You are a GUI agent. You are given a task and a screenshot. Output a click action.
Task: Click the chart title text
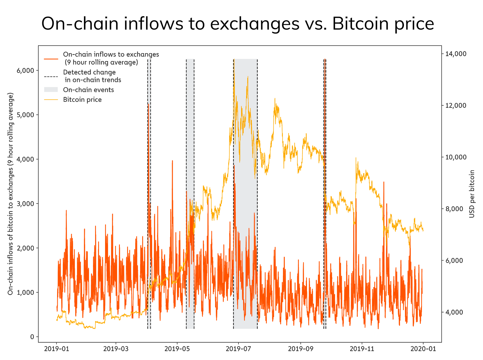tap(238, 24)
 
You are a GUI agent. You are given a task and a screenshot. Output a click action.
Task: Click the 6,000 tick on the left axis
tap(26, 70)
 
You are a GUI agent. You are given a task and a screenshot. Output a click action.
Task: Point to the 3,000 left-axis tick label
tap(26, 204)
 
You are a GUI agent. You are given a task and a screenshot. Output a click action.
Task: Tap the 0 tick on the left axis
tap(32, 337)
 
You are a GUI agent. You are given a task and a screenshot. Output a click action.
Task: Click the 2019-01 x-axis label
tap(57, 349)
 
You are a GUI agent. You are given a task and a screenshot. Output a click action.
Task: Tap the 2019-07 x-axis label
tap(238, 349)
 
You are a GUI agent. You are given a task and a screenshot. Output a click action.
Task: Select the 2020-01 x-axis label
tap(423, 349)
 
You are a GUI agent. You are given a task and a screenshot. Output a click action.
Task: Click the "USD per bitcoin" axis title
tap(472, 194)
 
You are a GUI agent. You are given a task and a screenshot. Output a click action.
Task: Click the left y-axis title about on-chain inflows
tap(11, 194)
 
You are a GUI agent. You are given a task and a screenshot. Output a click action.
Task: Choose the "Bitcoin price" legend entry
tap(82, 100)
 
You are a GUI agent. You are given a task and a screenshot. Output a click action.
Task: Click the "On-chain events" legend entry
tap(88, 90)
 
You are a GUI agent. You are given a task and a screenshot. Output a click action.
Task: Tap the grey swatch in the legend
tap(51, 90)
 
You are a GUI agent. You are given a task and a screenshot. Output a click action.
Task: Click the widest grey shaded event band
tap(245, 193)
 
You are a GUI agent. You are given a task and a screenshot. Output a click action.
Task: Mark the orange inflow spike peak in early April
tap(149, 104)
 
